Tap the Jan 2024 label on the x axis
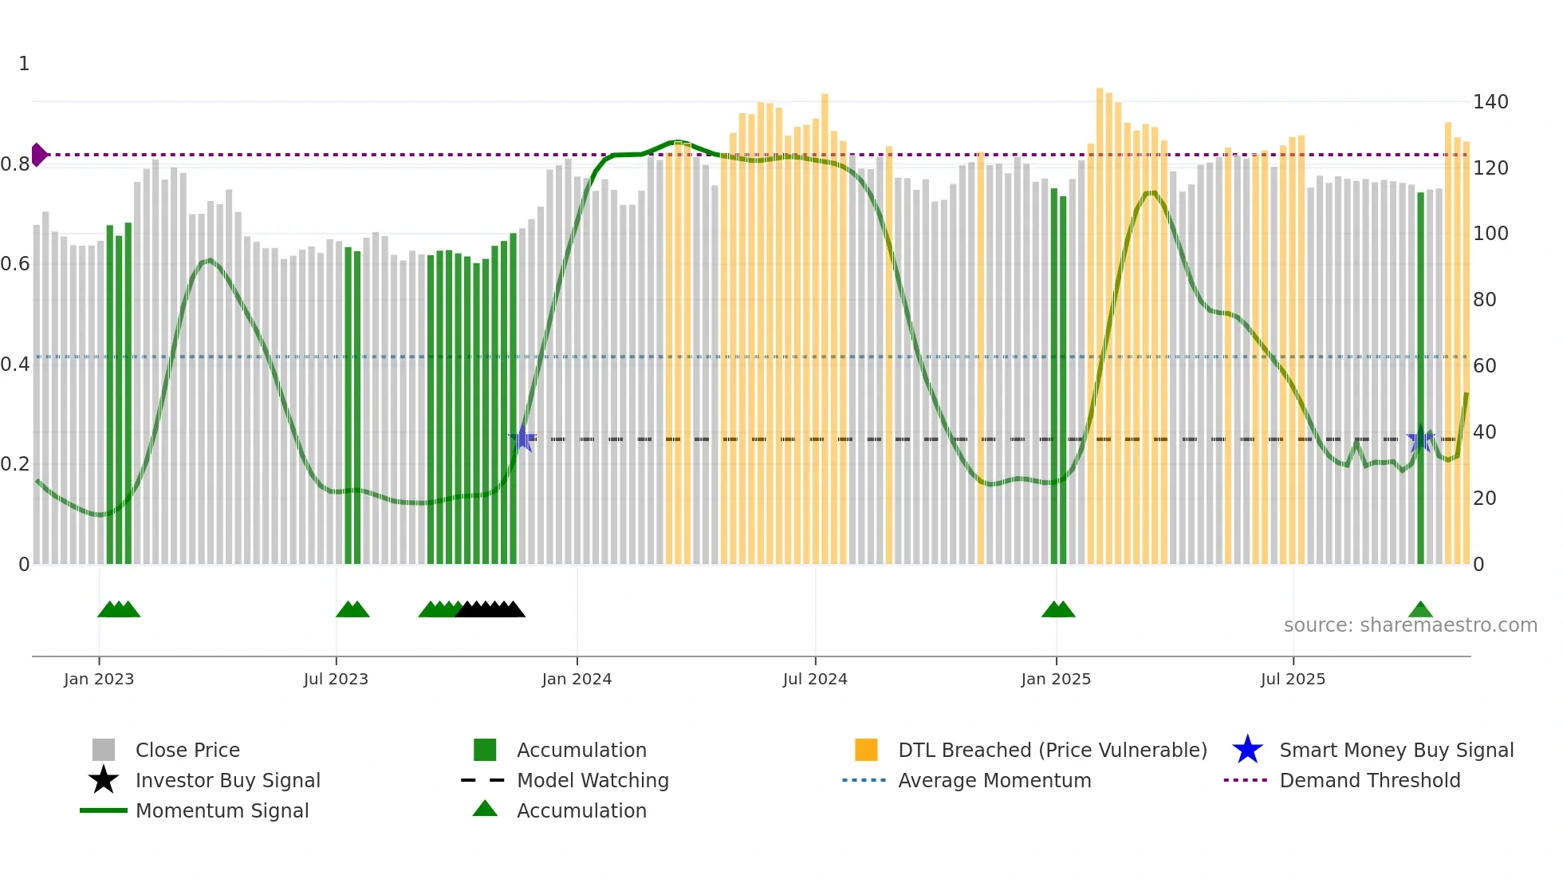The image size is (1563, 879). [x=577, y=680]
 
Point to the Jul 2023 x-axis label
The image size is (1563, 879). [x=336, y=680]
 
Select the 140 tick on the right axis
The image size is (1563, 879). [x=1490, y=102]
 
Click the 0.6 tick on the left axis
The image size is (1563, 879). [x=15, y=264]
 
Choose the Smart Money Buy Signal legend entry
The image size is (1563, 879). [x=1396, y=751]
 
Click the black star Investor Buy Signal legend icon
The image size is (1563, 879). [x=104, y=781]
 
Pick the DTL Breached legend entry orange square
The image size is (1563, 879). [x=866, y=751]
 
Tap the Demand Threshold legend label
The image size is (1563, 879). [x=1369, y=781]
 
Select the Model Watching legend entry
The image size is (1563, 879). [x=592, y=781]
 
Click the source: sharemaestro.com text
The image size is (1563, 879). [x=1410, y=625]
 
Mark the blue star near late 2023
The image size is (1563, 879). [x=522, y=439]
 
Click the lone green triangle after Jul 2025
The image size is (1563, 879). [x=1420, y=610]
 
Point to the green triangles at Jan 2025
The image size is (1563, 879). [x=1058, y=610]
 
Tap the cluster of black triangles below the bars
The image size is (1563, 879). [x=490, y=610]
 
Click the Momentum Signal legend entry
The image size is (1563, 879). [x=222, y=811]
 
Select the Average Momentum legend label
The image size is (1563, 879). [x=994, y=781]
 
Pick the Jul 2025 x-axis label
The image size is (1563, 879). [x=1293, y=680]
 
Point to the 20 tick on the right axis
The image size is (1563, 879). [x=1484, y=499]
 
